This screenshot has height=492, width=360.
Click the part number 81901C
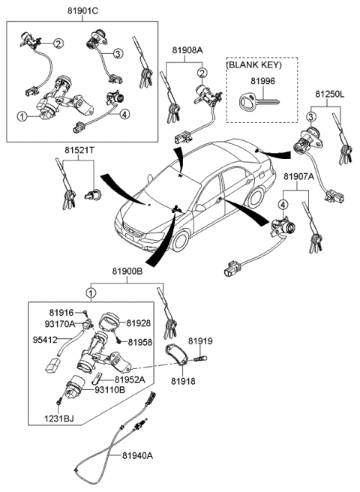(x=84, y=11)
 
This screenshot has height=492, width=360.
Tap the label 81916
(x=62, y=311)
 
